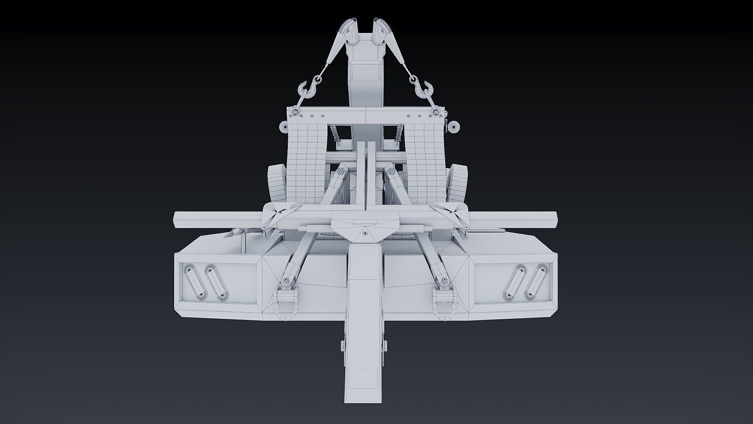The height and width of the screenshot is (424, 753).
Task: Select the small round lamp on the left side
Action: (x=284, y=127)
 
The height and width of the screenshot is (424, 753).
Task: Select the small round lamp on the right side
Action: (x=454, y=126)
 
